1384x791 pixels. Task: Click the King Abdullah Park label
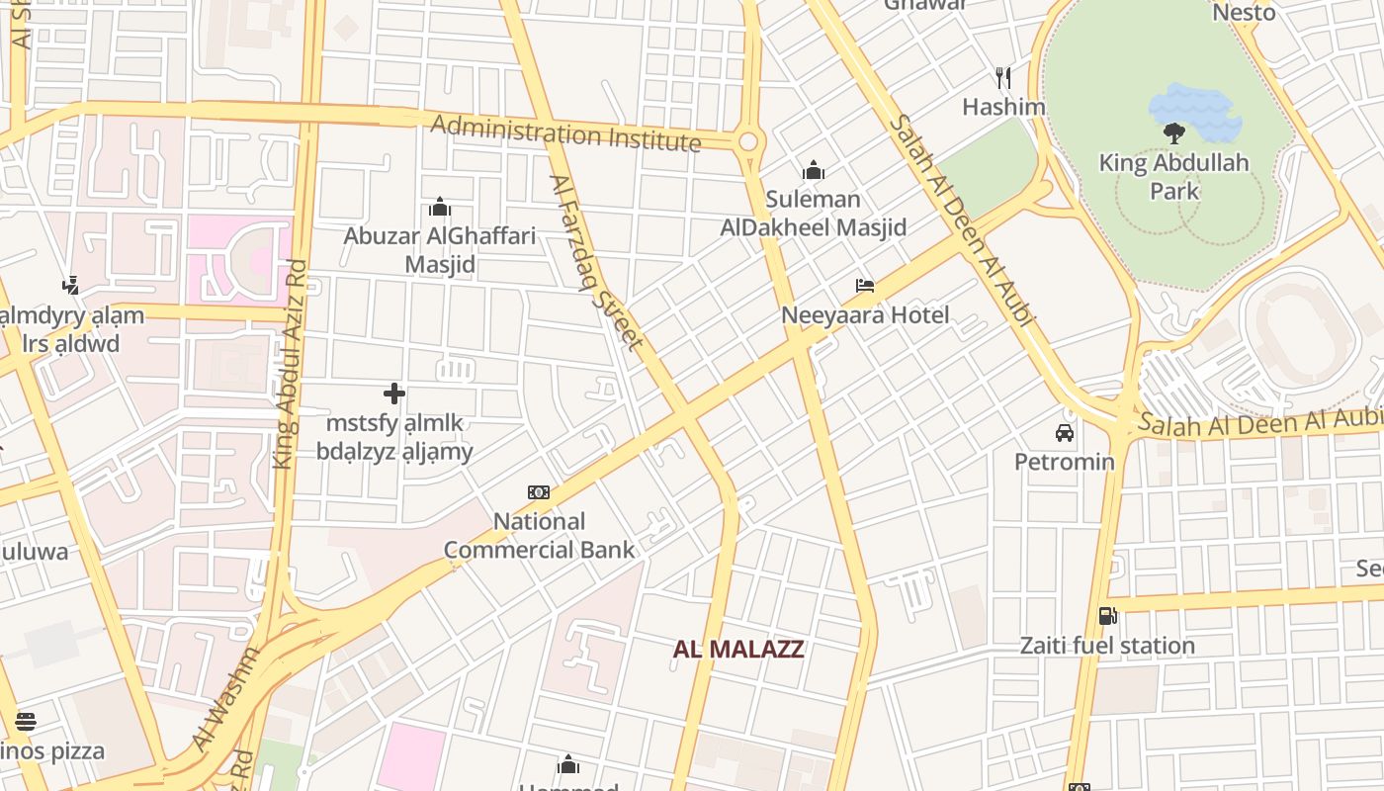1174,176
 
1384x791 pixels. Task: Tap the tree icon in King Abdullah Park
1174,132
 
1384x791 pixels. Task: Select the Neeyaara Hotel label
865,315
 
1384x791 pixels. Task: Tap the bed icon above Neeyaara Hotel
865,286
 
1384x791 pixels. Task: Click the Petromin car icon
1065,432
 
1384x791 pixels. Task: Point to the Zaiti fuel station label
1107,646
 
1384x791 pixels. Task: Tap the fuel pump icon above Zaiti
1108,615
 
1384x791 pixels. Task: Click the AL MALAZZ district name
738,650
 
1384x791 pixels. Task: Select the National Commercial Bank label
539,536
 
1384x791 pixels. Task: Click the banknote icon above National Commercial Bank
539,491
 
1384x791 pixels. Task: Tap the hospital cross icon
394,394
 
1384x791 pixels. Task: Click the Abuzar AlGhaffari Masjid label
440,250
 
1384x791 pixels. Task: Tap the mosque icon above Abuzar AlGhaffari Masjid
440,208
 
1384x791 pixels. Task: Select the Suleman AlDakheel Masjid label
814,214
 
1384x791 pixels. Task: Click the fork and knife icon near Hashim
1003,77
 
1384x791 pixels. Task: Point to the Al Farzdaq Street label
596,262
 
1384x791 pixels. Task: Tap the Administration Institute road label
565,133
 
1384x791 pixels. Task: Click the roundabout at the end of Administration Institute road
748,141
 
